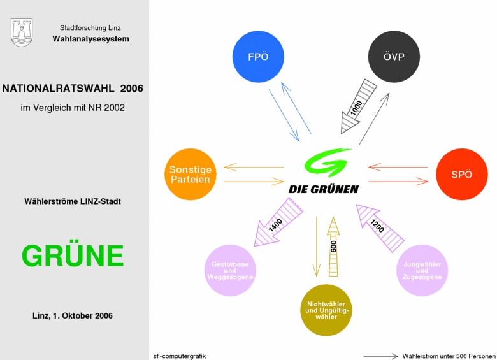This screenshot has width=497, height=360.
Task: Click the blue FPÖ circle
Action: tap(258, 57)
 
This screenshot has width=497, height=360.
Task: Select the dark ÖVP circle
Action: tap(394, 57)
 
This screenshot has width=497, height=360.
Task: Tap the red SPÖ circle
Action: tap(462, 175)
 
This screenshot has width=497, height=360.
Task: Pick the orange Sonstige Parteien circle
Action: tap(191, 175)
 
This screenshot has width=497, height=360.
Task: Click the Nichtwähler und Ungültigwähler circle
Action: tap(326, 310)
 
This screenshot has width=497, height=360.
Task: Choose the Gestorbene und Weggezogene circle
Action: tap(230, 270)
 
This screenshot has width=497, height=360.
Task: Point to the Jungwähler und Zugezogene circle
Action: tap(422, 270)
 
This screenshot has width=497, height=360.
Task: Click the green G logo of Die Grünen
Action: tap(326, 162)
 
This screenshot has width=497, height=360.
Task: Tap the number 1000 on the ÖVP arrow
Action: tap(356, 108)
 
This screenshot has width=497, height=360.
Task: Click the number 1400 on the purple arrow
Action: tap(275, 225)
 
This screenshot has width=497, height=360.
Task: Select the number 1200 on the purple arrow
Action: tap(377, 226)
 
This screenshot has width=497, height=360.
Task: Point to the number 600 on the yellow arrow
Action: tap(333, 247)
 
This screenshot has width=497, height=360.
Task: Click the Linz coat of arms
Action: tap(22, 32)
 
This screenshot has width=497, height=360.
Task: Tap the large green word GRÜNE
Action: tap(73, 256)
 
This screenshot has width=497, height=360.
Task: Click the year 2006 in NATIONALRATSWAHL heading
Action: tap(131, 88)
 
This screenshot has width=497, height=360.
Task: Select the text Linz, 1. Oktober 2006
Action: tap(73, 315)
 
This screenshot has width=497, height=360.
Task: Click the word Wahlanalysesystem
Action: tap(90, 39)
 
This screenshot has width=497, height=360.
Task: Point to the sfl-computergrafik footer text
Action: tap(180, 356)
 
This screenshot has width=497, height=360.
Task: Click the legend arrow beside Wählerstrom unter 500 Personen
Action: tap(380, 356)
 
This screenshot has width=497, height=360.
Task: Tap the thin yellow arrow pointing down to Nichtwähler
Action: tap(316, 247)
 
